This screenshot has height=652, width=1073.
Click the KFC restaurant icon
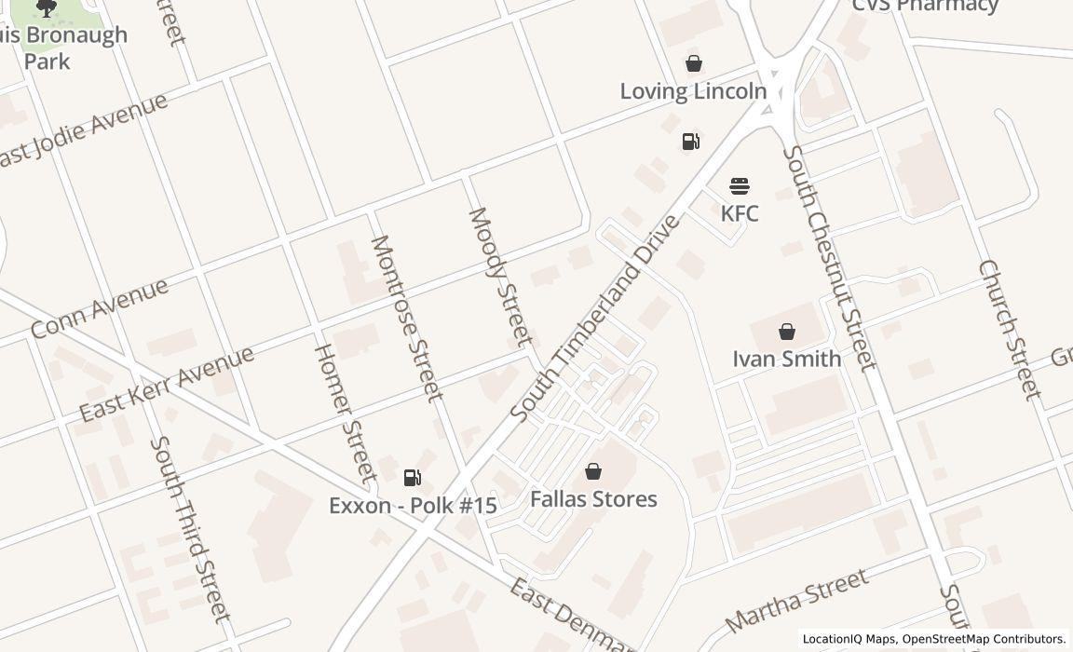(x=740, y=186)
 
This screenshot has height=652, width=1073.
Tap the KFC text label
(x=740, y=213)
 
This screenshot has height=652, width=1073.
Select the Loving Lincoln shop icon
(x=693, y=63)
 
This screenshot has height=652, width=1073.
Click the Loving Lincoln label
(x=693, y=91)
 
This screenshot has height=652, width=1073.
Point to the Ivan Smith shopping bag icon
(x=787, y=331)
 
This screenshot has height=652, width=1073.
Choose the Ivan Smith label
(x=787, y=359)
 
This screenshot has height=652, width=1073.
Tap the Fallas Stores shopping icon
(x=593, y=471)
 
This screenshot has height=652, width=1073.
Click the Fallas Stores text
(x=593, y=499)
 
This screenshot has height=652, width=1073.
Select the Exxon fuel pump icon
(x=412, y=478)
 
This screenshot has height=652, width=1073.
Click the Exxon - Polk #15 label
(x=413, y=506)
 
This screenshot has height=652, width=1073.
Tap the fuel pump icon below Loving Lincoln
(x=691, y=142)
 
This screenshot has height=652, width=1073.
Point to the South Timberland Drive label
(x=596, y=317)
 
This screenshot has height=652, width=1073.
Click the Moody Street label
(x=500, y=277)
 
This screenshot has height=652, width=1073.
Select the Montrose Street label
(x=406, y=318)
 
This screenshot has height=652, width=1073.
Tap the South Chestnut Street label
(x=829, y=258)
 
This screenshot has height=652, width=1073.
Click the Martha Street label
(x=796, y=602)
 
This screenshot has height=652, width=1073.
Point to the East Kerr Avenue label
(x=167, y=384)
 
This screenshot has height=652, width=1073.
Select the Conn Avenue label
(x=100, y=307)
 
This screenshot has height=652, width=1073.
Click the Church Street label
(x=1010, y=330)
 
